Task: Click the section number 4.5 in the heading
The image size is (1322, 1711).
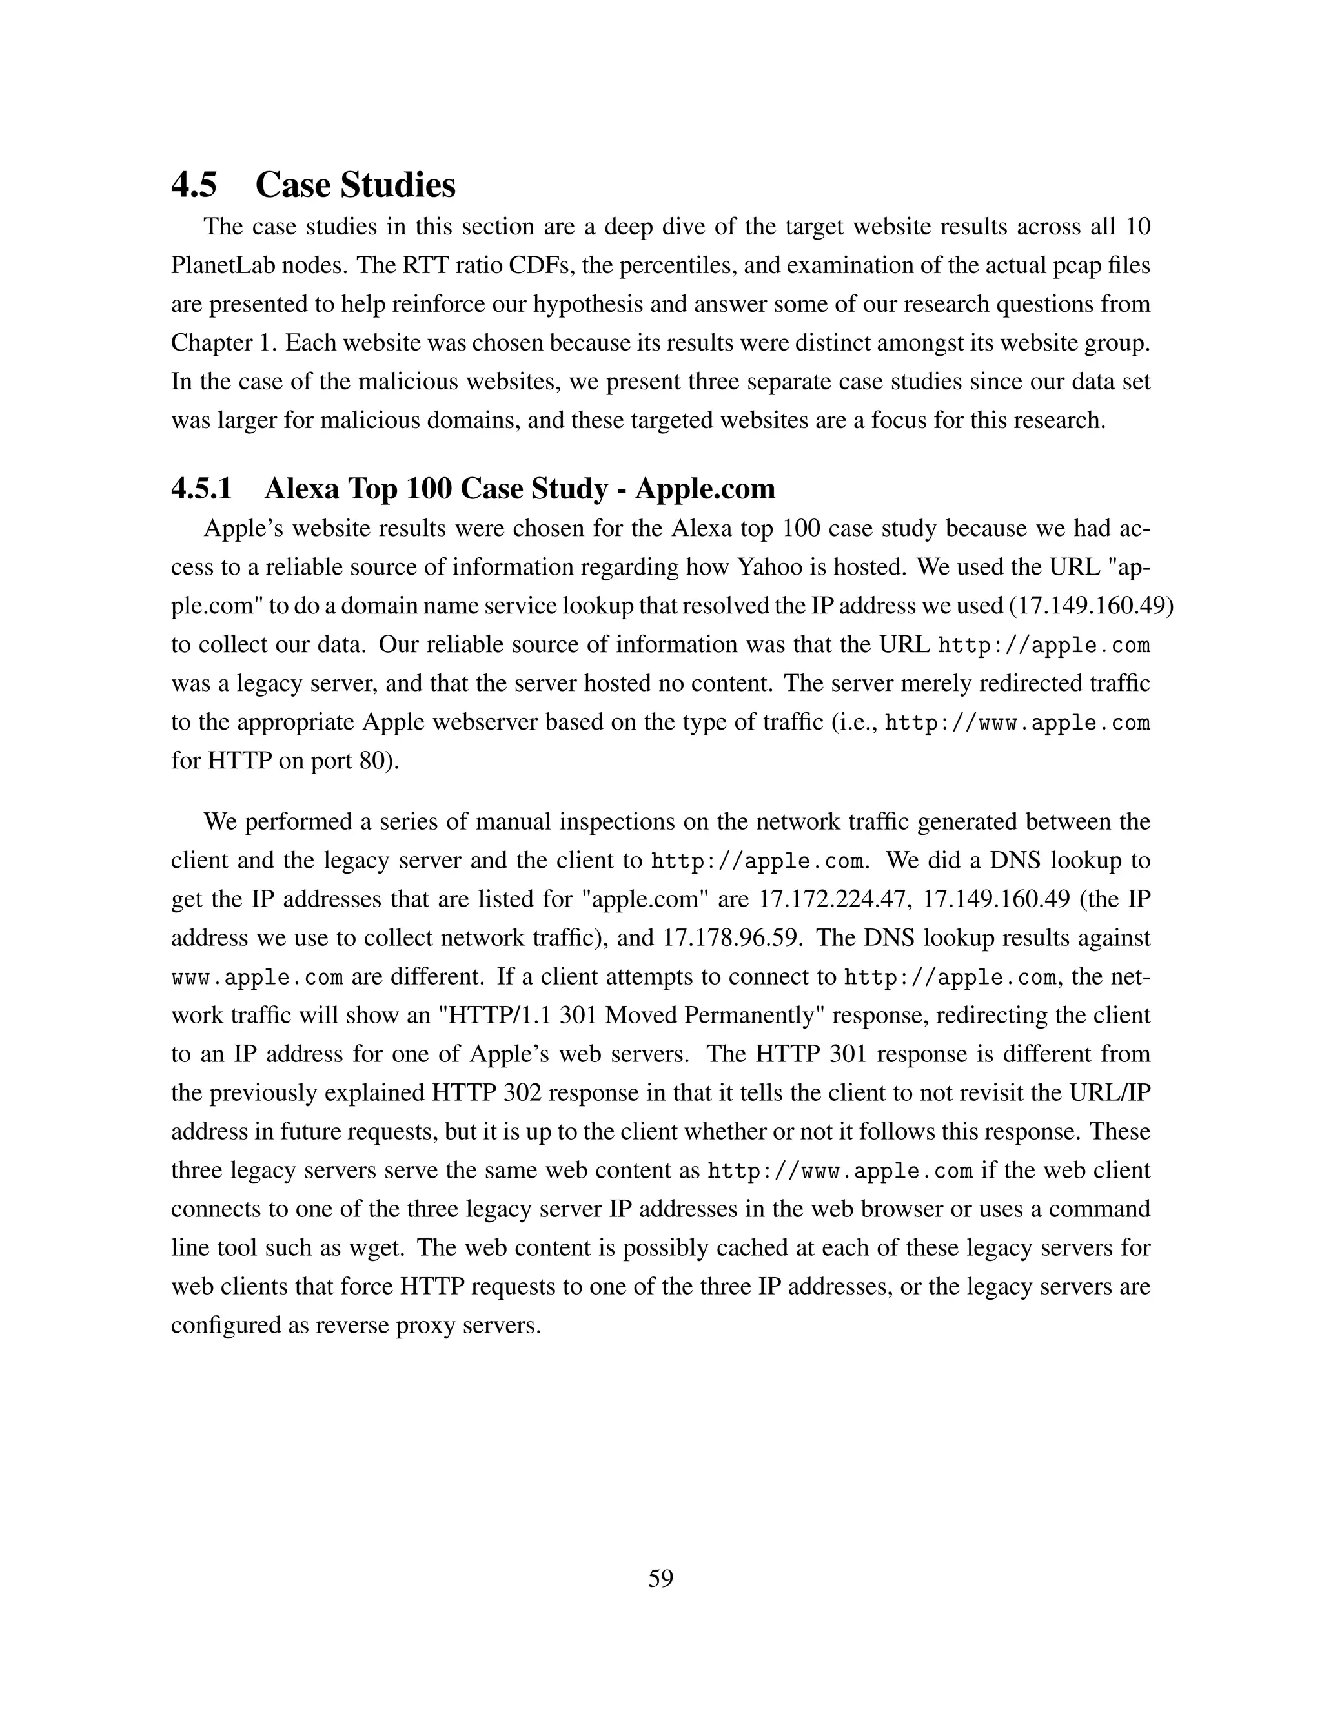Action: tap(194, 186)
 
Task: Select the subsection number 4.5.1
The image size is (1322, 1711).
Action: tap(201, 489)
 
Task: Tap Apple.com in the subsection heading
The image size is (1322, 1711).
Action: tap(705, 489)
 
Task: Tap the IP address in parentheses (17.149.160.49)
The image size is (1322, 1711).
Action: tap(1091, 606)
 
